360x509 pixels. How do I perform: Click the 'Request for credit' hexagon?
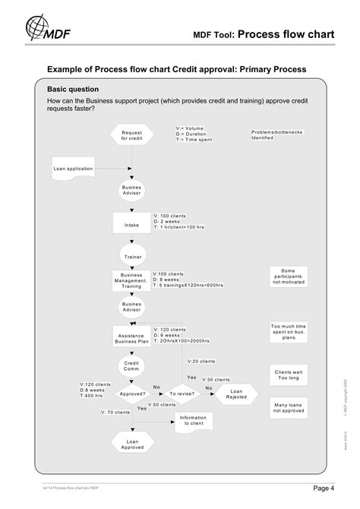coord(132,135)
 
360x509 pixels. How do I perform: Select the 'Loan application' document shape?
coord(74,169)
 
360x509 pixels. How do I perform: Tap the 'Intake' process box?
coord(132,224)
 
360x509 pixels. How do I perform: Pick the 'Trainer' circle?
coord(132,257)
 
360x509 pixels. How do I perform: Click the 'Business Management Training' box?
coord(132,281)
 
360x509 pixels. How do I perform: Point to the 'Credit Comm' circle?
coord(132,368)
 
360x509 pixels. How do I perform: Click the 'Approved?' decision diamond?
coord(132,394)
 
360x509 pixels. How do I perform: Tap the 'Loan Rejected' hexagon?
coord(235,394)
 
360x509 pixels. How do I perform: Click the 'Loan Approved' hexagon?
coord(132,444)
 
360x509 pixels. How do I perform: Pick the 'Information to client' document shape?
coord(194,420)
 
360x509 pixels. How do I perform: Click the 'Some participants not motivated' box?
coord(288,277)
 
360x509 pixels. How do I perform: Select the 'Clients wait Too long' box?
coord(288,376)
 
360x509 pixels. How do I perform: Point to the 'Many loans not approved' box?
coord(288,409)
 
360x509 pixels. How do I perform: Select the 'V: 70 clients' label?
coord(115,413)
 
